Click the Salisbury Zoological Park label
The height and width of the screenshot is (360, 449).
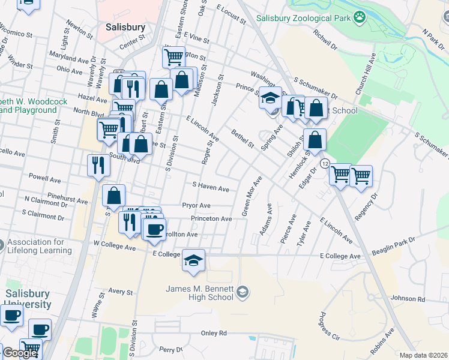pyautogui.click(x=303, y=18)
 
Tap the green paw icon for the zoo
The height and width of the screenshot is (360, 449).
pyautogui.click(x=360, y=17)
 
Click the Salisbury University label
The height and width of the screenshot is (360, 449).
pyautogui.click(x=28, y=299)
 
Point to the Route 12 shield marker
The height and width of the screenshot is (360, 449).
pyautogui.click(x=325, y=163)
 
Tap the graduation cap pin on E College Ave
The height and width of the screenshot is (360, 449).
pyautogui.click(x=193, y=261)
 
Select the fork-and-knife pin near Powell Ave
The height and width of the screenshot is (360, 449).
pyautogui.click(x=98, y=165)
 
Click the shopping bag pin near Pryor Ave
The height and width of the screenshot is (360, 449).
pyautogui.click(x=113, y=196)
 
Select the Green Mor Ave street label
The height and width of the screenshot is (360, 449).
pyautogui.click(x=252, y=196)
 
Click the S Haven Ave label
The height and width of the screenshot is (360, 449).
pyautogui.click(x=210, y=188)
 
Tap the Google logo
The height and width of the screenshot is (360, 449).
pyautogui.click(x=20, y=353)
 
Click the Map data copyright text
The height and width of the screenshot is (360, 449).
pyautogui.click(x=423, y=355)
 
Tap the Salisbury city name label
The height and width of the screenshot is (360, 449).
pyautogui.click(x=125, y=27)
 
